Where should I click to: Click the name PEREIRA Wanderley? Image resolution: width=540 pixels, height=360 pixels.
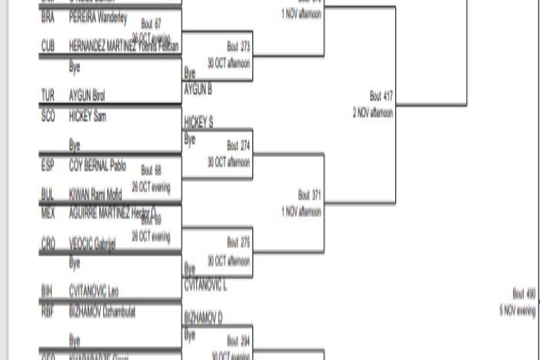(98, 17)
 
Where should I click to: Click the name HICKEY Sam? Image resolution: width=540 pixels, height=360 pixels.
(88, 116)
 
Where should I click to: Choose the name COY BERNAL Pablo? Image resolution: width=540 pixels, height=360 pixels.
(97, 165)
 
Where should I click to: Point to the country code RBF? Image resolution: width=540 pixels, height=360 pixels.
(48, 311)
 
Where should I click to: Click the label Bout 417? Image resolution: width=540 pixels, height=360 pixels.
(381, 96)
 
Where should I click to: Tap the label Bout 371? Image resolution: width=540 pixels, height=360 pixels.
(309, 195)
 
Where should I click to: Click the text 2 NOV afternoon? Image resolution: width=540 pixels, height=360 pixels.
(373, 112)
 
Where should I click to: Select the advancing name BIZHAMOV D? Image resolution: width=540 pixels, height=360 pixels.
(203, 316)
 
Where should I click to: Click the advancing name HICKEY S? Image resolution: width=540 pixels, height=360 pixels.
(198, 122)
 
